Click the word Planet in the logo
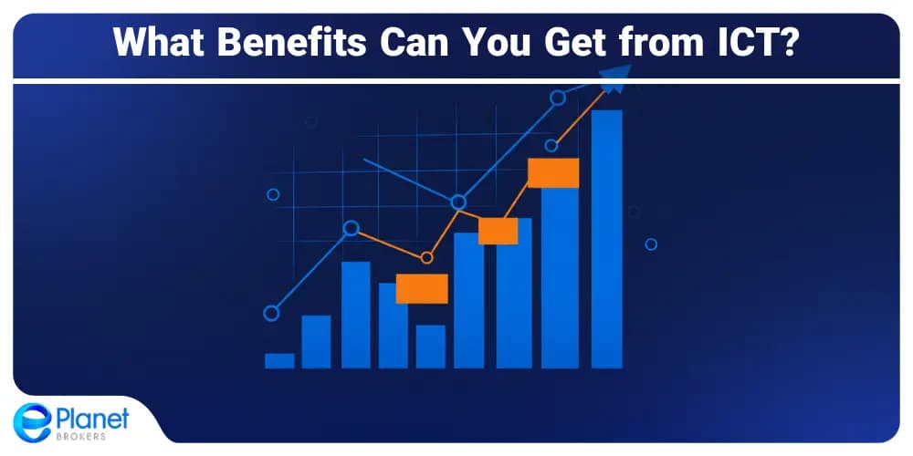93,420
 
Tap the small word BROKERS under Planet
80,437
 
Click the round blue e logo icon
33,422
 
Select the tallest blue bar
607,239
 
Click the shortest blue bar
279,360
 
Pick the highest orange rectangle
553,172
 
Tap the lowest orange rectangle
422,288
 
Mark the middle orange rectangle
498,231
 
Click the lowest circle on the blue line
271,314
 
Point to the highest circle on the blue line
558,98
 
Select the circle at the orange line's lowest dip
426,258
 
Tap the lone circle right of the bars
651,244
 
